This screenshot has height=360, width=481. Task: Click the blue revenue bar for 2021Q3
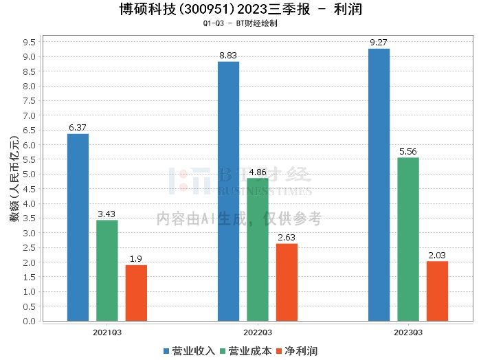coord(78,227)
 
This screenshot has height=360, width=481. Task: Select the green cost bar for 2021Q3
coord(107,270)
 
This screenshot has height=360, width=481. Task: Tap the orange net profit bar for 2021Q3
coord(136,293)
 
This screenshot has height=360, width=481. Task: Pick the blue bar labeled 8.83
coord(228,191)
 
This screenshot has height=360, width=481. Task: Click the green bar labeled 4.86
coord(258,249)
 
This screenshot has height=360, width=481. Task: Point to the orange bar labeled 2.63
coord(287,282)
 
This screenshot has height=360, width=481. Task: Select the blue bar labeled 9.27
coord(379,184)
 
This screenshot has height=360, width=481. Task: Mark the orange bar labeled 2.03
coord(437,291)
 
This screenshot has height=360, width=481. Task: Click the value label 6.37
coord(78,128)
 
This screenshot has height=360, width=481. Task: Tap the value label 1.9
coord(136,259)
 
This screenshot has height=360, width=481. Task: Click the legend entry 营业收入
coord(190,351)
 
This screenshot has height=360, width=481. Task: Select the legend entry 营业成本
coord(245,351)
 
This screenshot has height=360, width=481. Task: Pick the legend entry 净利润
coord(296,351)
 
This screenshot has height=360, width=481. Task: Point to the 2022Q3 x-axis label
coord(258,332)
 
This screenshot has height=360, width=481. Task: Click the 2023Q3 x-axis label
coord(408,332)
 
